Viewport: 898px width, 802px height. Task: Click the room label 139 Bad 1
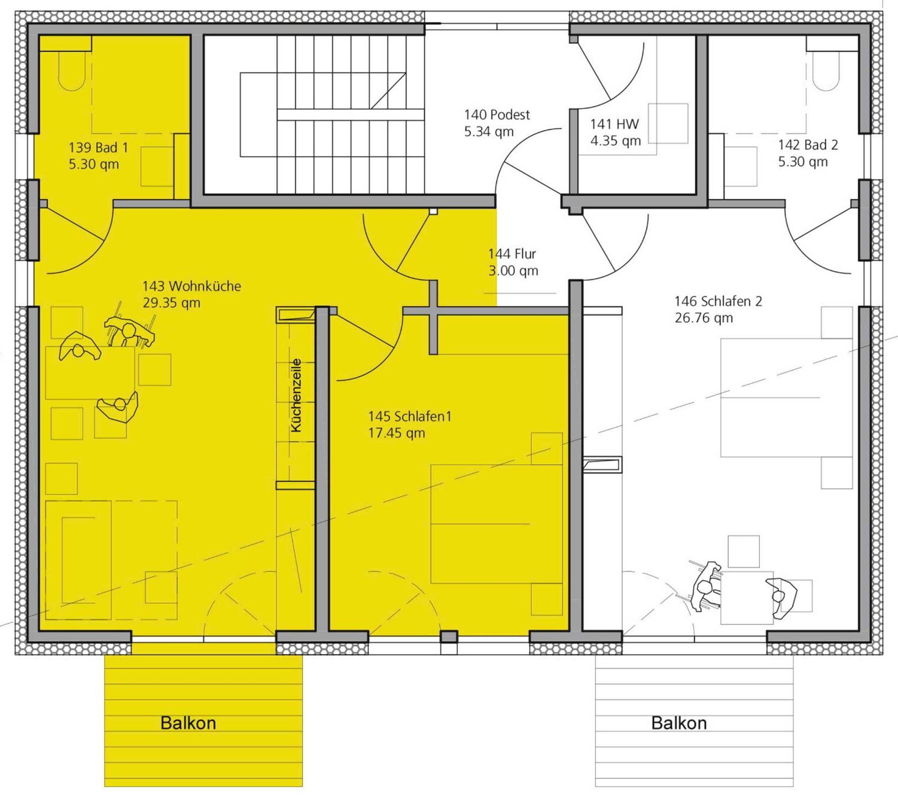98,147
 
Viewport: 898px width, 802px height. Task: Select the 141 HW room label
614,124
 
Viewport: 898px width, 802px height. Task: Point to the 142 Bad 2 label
808,145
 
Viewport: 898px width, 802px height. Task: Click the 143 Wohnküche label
191,286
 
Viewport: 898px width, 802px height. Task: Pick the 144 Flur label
512,254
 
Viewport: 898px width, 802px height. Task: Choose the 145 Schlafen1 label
410,416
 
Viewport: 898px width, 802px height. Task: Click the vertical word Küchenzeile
296,395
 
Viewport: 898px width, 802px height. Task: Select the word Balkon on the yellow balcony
188,723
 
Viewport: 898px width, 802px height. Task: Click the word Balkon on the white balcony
679,723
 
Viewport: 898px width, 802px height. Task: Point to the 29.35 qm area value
171,303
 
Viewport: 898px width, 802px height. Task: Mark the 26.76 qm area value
704,318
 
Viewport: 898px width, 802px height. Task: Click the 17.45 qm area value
396,433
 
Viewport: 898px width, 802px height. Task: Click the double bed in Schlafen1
496,524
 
